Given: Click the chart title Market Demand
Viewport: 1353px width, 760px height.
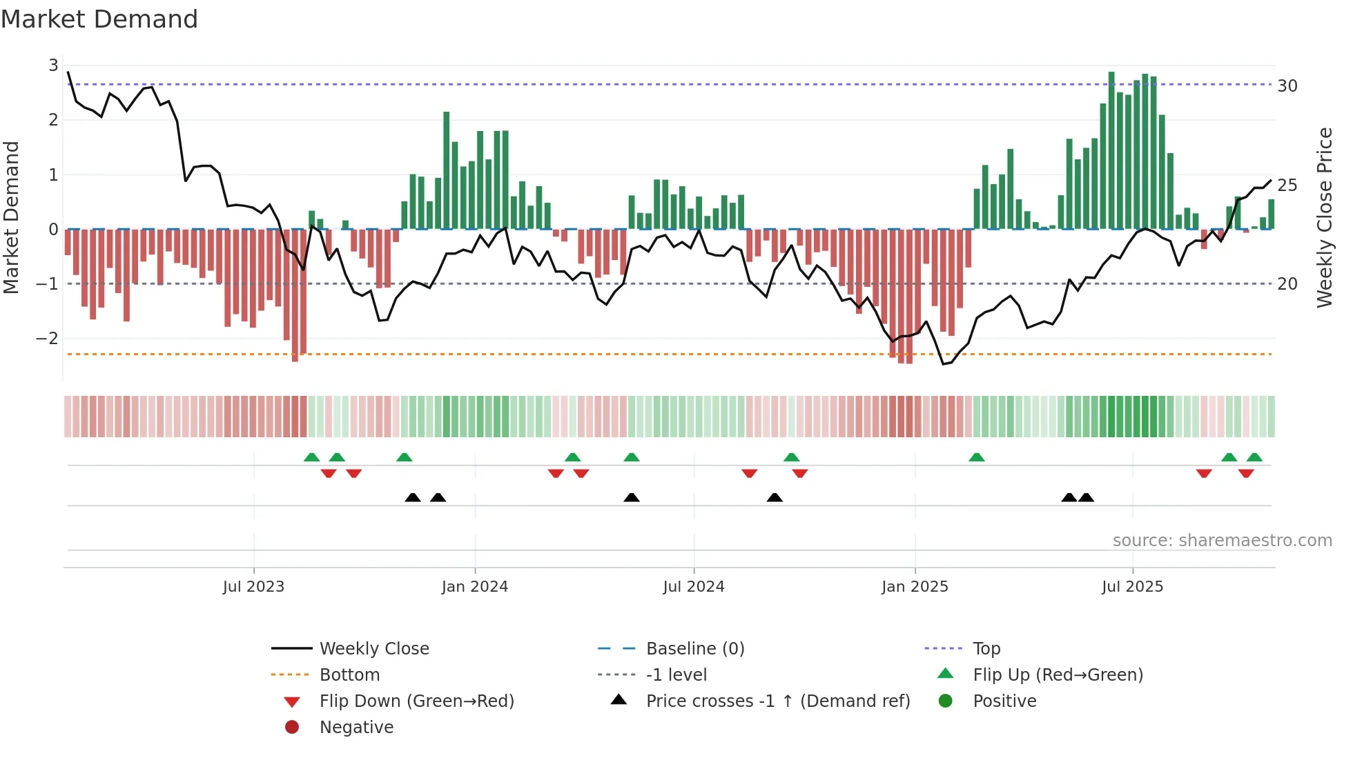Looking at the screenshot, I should [99, 19].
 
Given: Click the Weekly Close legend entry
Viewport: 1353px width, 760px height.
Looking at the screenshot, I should [373, 648].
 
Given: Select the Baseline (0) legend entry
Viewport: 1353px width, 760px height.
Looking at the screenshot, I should [694, 648].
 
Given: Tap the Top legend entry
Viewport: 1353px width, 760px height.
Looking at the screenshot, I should [986, 648].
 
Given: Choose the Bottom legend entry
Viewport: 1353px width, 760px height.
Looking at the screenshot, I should [349, 674].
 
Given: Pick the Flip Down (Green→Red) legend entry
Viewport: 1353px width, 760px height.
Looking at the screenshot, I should [416, 701].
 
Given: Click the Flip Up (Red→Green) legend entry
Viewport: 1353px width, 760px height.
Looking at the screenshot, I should [1058, 674].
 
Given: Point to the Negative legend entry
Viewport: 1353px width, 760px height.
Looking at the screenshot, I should [356, 727].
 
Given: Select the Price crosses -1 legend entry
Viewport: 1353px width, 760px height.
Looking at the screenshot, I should [777, 701].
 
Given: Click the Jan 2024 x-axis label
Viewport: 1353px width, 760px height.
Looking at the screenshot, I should [474, 586].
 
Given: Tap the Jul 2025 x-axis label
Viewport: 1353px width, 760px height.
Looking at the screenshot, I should [1132, 586].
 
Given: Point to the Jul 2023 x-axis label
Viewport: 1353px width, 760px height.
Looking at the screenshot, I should [253, 586].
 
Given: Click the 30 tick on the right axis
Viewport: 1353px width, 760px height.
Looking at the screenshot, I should [1287, 86].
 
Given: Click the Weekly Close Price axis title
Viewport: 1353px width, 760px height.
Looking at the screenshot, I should [1324, 217].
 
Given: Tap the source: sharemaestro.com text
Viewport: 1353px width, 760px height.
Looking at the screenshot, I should [1222, 540].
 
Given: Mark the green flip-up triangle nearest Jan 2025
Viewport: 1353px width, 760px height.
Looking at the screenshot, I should [976, 457].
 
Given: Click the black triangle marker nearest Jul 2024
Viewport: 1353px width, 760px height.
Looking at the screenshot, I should [631, 497].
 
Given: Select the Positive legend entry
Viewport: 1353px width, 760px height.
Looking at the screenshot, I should [1004, 701].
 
